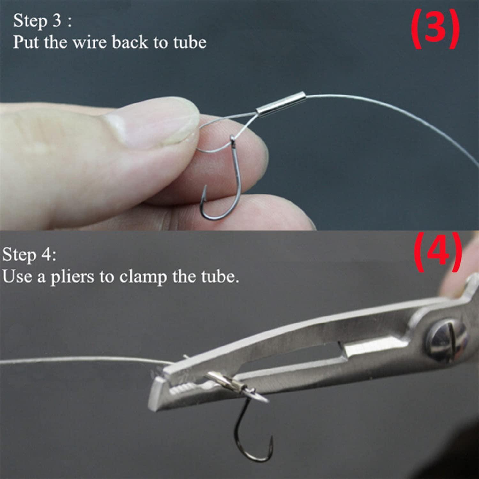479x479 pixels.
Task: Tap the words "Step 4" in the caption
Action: [29, 255]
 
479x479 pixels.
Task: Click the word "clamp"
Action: [143, 277]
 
